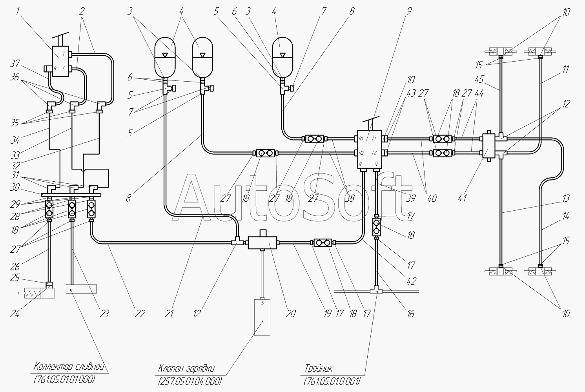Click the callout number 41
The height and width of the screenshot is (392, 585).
click(x=462, y=199)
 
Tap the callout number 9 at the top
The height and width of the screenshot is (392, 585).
click(x=409, y=11)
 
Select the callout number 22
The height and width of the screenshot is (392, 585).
click(x=140, y=314)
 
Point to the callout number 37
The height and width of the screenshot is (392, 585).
click(x=15, y=64)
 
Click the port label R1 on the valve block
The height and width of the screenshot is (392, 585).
click(x=361, y=139)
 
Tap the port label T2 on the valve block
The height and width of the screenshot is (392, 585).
click(x=375, y=153)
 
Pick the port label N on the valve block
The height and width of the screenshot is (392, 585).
click(x=376, y=164)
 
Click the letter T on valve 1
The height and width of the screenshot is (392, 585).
click(x=64, y=55)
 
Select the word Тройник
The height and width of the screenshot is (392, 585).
click(x=319, y=369)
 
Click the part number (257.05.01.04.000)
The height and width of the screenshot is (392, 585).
click(x=190, y=381)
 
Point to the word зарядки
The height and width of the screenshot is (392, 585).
click(x=200, y=369)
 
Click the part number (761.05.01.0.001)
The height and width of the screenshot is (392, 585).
click(x=332, y=381)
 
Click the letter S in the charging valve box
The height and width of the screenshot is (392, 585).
click(x=263, y=303)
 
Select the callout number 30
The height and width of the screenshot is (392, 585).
click(x=15, y=187)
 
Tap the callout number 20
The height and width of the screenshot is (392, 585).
click(x=290, y=314)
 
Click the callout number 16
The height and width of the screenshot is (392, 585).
click(x=410, y=314)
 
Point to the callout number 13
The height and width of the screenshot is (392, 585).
click(x=566, y=199)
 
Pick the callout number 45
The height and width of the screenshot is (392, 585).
click(x=479, y=79)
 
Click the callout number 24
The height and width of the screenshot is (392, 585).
click(x=15, y=314)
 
